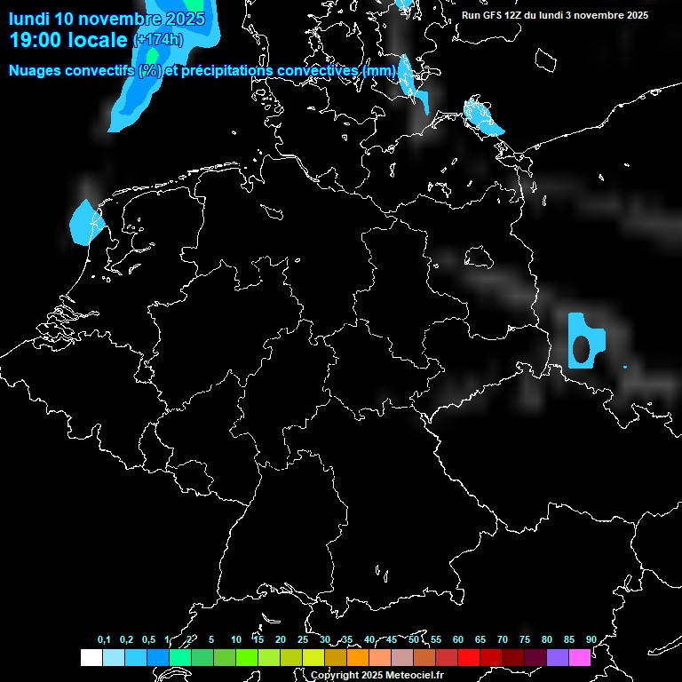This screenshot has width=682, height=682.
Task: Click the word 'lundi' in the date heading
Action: (28, 19)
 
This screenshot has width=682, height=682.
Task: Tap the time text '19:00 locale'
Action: (68, 40)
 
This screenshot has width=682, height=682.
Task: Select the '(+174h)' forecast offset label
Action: (158, 40)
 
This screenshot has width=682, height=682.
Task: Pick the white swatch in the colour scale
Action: (91, 657)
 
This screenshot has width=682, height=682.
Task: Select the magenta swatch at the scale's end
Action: (579, 657)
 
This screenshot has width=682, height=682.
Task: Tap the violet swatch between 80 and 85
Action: (557, 657)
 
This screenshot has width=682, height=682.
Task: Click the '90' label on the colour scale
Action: (591, 639)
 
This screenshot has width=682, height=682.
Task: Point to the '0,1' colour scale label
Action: (104, 639)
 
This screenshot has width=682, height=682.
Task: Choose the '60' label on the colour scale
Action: (457, 639)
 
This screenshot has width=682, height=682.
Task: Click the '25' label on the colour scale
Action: (302, 639)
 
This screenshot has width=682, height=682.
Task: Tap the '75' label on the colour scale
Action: (524, 639)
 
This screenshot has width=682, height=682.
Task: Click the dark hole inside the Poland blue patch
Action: (583, 348)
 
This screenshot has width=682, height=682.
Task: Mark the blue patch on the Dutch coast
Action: (83, 222)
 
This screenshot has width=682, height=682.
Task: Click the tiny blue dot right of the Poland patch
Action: (625, 367)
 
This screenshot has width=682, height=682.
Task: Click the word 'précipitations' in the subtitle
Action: (227, 70)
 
